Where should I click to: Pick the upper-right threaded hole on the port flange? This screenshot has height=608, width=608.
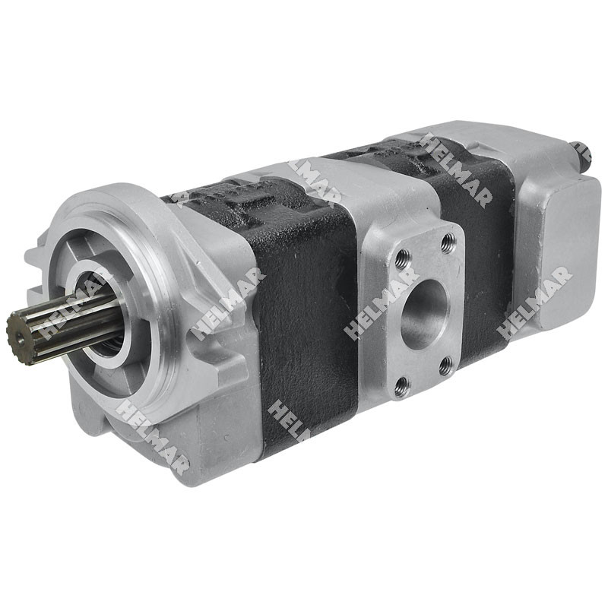tap(448, 243)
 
